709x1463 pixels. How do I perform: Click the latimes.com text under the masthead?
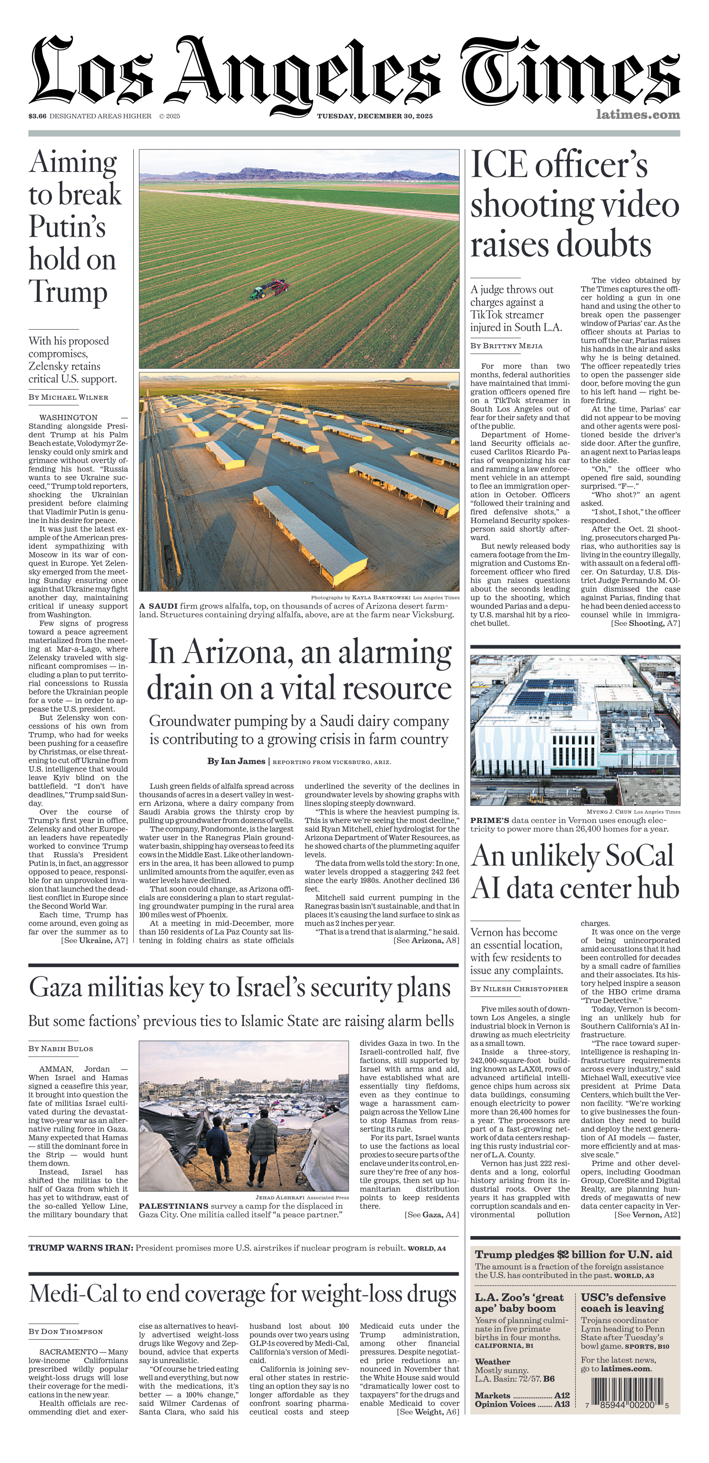pyautogui.click(x=638, y=115)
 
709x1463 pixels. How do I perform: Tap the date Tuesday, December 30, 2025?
pyautogui.click(x=374, y=116)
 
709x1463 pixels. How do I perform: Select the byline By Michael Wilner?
pyautogui.click(x=68, y=398)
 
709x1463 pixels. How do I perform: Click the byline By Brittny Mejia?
pyautogui.click(x=506, y=346)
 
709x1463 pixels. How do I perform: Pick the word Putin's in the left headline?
pyautogui.click(x=67, y=227)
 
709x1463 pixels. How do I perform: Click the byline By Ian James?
pyautogui.click(x=236, y=761)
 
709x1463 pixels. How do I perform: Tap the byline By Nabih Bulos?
pyautogui.click(x=61, y=1049)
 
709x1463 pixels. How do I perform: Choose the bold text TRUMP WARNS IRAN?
pyautogui.click(x=81, y=1248)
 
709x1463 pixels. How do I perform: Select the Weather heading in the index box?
pyautogui.click(x=492, y=1362)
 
